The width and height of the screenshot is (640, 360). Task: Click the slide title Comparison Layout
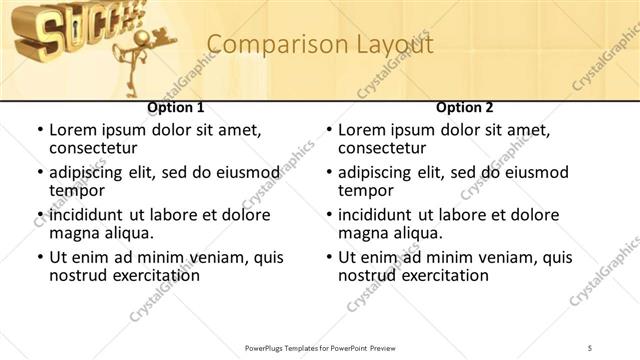click(x=320, y=45)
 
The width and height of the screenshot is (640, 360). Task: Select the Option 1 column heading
click(x=176, y=108)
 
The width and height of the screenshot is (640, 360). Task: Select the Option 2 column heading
click(x=465, y=108)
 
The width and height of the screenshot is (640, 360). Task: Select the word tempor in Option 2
click(x=364, y=190)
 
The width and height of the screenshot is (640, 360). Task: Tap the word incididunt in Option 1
click(x=89, y=215)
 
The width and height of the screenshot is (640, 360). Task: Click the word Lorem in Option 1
click(x=73, y=130)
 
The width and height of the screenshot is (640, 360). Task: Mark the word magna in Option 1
click(x=74, y=233)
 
